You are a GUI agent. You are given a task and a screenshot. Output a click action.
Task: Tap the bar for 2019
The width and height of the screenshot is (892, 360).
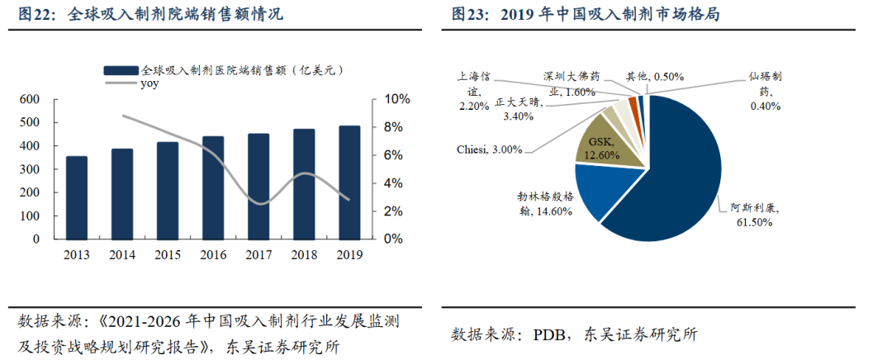tap(349, 182)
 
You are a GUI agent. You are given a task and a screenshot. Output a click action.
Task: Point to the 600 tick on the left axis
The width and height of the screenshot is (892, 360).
tap(30, 99)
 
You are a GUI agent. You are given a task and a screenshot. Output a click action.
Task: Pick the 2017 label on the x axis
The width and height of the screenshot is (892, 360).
tap(259, 254)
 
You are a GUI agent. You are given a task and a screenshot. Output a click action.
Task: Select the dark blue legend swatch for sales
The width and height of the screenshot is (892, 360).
tap(121, 70)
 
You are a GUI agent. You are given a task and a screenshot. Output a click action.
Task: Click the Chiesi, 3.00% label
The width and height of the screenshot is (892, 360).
tap(490, 149)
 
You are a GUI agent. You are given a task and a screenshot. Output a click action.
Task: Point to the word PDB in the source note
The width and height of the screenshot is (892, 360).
tap(551, 334)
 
